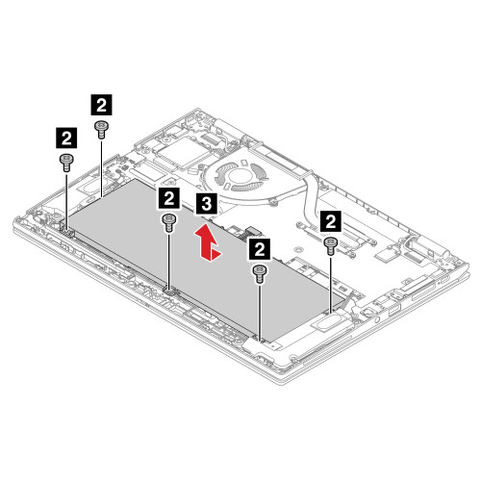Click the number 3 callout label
(x=205, y=203)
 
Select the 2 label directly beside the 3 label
(x=169, y=198)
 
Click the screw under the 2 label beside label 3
(x=169, y=222)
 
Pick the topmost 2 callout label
(x=100, y=101)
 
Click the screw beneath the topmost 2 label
(x=101, y=127)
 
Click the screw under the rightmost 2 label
(x=331, y=244)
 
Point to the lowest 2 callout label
(x=258, y=249)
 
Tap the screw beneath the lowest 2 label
(x=259, y=273)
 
